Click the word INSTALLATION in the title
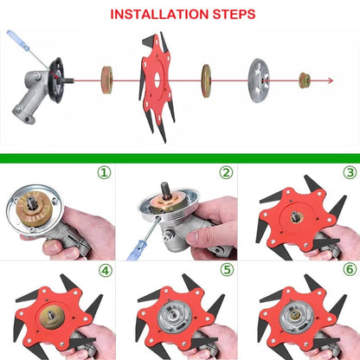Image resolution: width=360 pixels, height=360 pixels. (x=156, y=15)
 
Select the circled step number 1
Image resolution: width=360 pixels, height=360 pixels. (x=104, y=173)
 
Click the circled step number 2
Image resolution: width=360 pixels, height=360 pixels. (x=226, y=173)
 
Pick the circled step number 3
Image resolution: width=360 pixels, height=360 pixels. (x=349, y=173)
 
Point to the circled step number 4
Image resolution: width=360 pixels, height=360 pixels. (x=104, y=270)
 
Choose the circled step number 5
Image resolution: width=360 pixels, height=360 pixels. (x=226, y=270)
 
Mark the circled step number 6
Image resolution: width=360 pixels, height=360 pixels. (x=349, y=270)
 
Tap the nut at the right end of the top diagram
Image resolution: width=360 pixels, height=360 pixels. (x=305, y=81)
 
